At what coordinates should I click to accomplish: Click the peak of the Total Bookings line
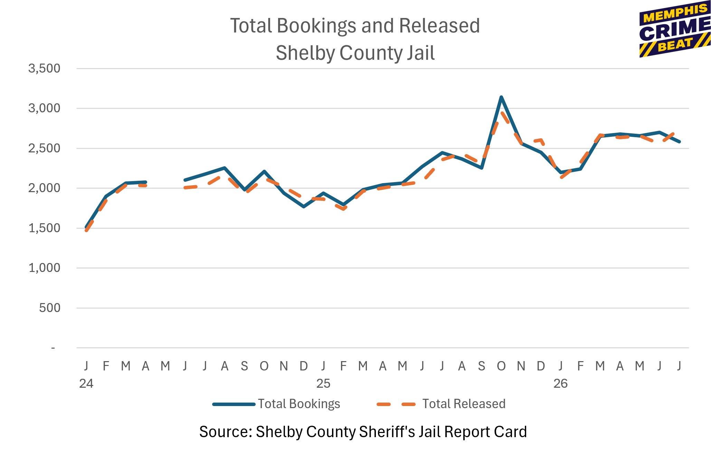(x=501, y=97)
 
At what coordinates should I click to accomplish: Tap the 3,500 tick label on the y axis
(x=44, y=68)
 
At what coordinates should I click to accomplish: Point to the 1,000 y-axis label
(x=44, y=268)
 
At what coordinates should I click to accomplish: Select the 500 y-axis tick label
(x=49, y=308)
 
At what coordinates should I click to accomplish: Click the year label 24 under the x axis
(x=86, y=384)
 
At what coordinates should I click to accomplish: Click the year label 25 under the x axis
(x=323, y=384)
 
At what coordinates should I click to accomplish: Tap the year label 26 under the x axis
(x=560, y=384)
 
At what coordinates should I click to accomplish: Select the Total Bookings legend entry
(x=276, y=404)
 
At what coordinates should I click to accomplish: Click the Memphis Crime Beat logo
(x=675, y=30)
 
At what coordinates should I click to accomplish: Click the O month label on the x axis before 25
(x=264, y=366)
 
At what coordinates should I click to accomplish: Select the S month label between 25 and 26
(x=481, y=366)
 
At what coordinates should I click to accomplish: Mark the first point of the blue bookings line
(x=86, y=227)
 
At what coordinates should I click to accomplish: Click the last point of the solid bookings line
(x=679, y=142)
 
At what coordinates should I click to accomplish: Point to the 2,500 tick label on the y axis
(x=44, y=148)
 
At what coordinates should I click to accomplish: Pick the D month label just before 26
(x=541, y=366)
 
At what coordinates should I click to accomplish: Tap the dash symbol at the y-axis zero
(x=53, y=348)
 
